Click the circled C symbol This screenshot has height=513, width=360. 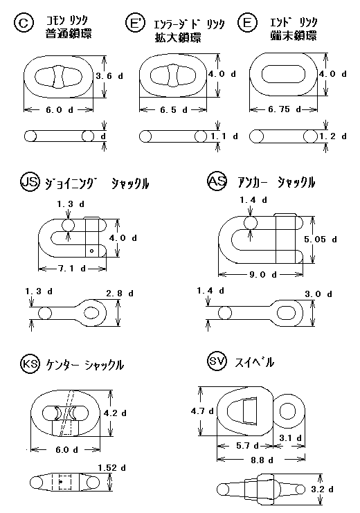24,24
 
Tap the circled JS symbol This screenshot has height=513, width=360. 30,182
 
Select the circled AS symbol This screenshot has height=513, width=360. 217,181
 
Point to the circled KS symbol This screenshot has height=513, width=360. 30,364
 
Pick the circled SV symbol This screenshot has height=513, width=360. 217,361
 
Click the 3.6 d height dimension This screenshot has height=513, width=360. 109,76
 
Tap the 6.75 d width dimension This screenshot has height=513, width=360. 284,109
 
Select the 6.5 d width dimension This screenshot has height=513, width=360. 174,110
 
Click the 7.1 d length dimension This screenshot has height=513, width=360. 72,269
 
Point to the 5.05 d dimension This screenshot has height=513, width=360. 320,240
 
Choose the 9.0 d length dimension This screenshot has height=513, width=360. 263,274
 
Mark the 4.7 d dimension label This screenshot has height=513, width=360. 202,411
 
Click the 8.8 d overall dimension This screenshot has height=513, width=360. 262,460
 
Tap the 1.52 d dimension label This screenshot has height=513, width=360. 111,468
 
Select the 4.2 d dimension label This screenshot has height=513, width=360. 115,413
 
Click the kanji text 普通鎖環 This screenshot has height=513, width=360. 69,34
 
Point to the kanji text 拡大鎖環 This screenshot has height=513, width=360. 178,37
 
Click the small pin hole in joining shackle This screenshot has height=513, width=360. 92,251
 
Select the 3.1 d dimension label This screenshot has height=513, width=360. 290,438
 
